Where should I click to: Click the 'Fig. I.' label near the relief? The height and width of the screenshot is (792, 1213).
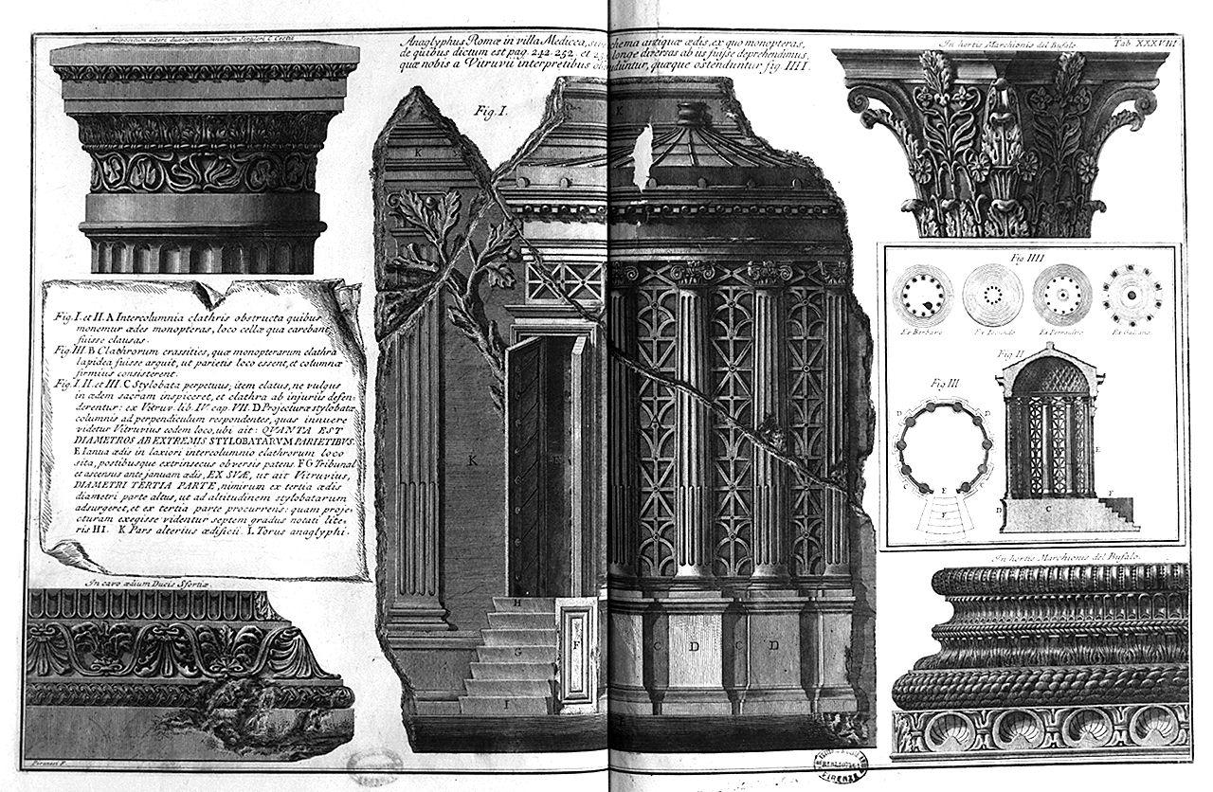point(492,111)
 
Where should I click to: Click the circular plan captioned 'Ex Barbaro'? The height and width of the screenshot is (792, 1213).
point(919,296)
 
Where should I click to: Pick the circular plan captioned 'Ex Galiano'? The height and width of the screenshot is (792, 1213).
point(1124,296)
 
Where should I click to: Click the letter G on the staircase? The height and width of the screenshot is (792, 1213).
point(518,652)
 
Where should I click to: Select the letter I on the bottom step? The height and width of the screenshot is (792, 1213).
point(507,705)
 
